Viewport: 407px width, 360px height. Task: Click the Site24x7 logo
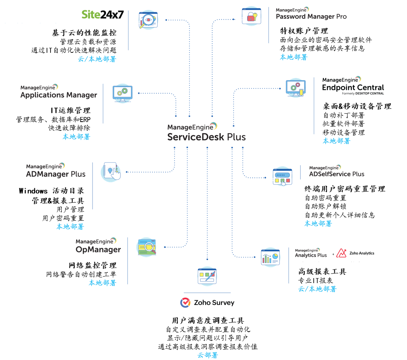click(x=103, y=15)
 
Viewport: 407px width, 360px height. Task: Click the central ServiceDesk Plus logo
click(x=207, y=133)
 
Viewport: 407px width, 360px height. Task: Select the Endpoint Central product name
click(x=353, y=88)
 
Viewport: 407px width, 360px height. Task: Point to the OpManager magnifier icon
click(x=147, y=246)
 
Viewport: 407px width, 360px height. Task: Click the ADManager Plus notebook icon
click(x=111, y=172)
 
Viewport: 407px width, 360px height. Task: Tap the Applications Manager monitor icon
click(x=122, y=93)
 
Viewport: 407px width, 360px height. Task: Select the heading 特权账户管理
click(x=304, y=31)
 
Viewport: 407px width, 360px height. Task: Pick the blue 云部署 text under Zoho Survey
click(x=207, y=355)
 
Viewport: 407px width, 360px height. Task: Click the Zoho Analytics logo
click(x=356, y=253)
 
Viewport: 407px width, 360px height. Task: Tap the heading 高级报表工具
click(x=322, y=272)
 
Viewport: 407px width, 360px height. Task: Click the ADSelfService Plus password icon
click(x=282, y=176)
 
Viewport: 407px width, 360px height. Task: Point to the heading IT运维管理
click(x=70, y=111)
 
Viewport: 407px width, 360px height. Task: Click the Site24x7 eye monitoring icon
click(x=148, y=20)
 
